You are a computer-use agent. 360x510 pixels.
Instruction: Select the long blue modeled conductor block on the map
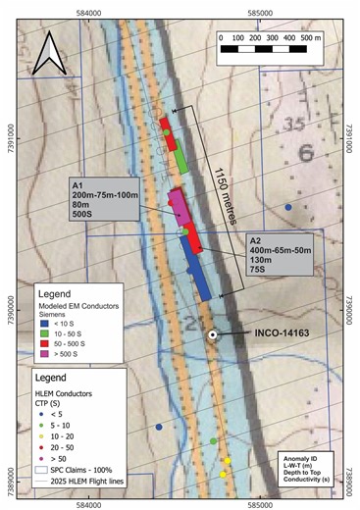pyautogui.click(x=196, y=265)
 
